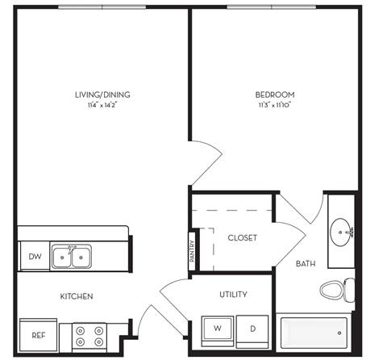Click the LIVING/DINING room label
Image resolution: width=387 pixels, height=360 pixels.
click(102, 94)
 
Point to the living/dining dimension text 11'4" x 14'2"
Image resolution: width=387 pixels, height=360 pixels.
click(102, 105)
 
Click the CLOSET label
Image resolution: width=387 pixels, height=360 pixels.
click(242, 238)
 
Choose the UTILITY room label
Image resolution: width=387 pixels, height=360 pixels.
click(232, 295)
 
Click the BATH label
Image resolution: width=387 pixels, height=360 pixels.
click(306, 264)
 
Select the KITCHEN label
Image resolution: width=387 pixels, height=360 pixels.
click(77, 296)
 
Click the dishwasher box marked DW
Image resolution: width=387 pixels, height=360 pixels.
click(33, 257)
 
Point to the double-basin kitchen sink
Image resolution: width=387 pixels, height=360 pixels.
click(71, 257)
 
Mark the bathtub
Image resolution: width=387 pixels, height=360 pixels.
click(315, 332)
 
